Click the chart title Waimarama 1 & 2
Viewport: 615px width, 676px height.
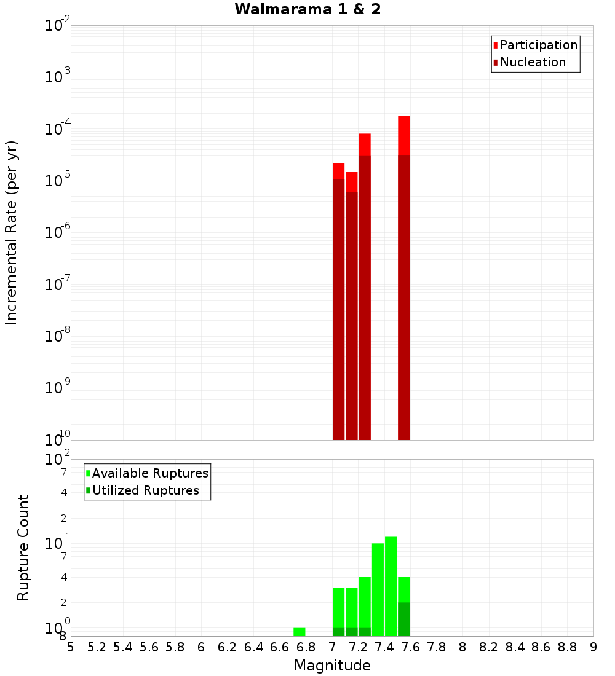(307, 10)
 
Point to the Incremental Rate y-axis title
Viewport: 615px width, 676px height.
(12, 233)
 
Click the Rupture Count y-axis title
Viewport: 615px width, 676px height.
(23, 548)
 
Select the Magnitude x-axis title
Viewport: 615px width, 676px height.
(332, 666)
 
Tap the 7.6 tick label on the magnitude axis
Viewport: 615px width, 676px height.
(410, 647)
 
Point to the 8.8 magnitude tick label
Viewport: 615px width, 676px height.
(567, 647)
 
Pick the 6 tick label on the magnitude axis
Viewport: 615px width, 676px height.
(201, 647)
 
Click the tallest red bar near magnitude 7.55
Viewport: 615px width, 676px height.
(403, 277)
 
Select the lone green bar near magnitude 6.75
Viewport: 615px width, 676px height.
(299, 632)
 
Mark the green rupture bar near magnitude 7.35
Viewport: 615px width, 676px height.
(378, 590)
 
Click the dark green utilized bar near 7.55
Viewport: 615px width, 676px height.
(403, 619)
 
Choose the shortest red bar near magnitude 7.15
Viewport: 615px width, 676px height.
(351, 307)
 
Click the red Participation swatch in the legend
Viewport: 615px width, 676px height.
(495, 45)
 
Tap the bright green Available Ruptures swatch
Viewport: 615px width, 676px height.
(88, 473)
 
